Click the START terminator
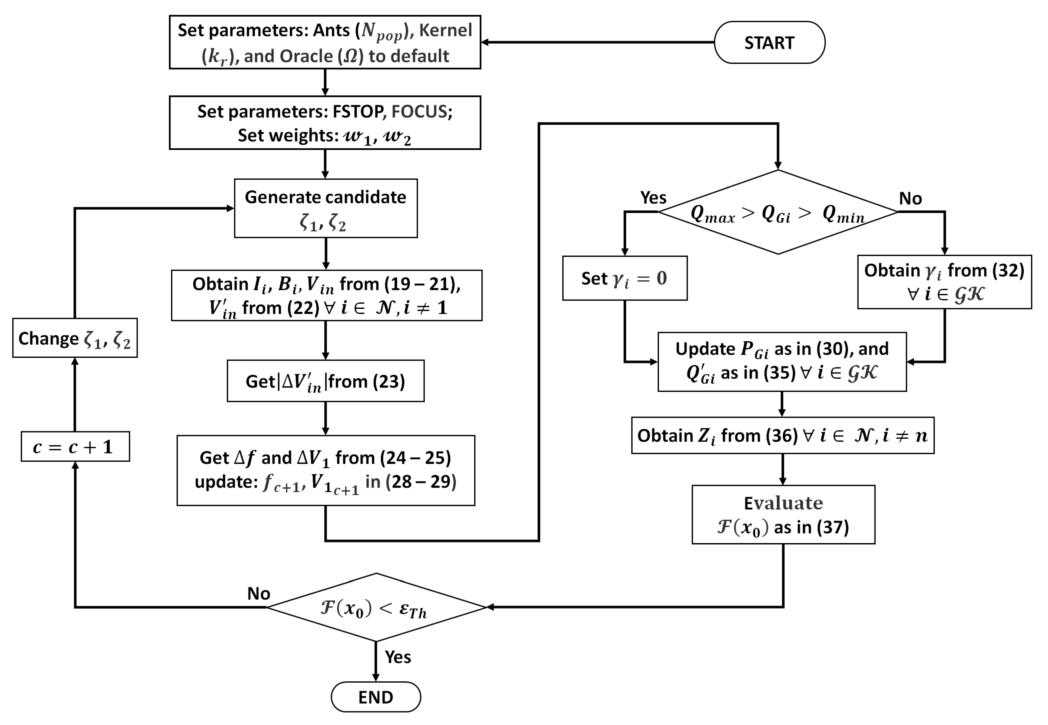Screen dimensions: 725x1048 point(769,42)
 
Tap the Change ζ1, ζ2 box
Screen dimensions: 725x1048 point(75,338)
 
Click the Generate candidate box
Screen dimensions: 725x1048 point(325,208)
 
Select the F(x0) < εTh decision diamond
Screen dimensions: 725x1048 point(376,607)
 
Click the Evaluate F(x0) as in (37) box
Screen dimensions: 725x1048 point(783,514)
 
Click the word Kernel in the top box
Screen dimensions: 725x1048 point(445,30)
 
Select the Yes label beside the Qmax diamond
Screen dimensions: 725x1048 point(653,198)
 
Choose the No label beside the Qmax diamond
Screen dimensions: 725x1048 point(910,199)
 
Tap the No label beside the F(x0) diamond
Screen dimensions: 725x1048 point(258,593)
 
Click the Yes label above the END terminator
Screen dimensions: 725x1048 point(398,657)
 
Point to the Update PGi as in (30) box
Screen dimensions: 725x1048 point(782,361)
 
